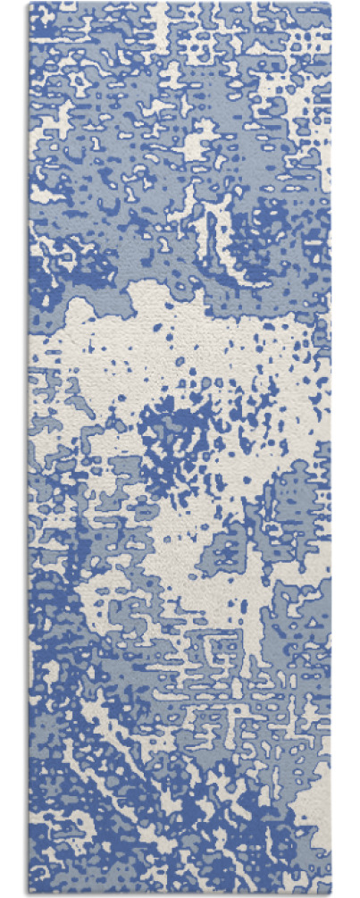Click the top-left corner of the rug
(x=29, y=4)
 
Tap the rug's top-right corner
(x=331, y=4)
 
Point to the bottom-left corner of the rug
(x=29, y=894)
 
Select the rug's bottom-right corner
(x=331, y=894)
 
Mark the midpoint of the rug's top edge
(x=180, y=4)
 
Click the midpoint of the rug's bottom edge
(x=180, y=894)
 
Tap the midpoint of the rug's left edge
(x=29, y=449)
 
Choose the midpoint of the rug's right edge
(x=331, y=449)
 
